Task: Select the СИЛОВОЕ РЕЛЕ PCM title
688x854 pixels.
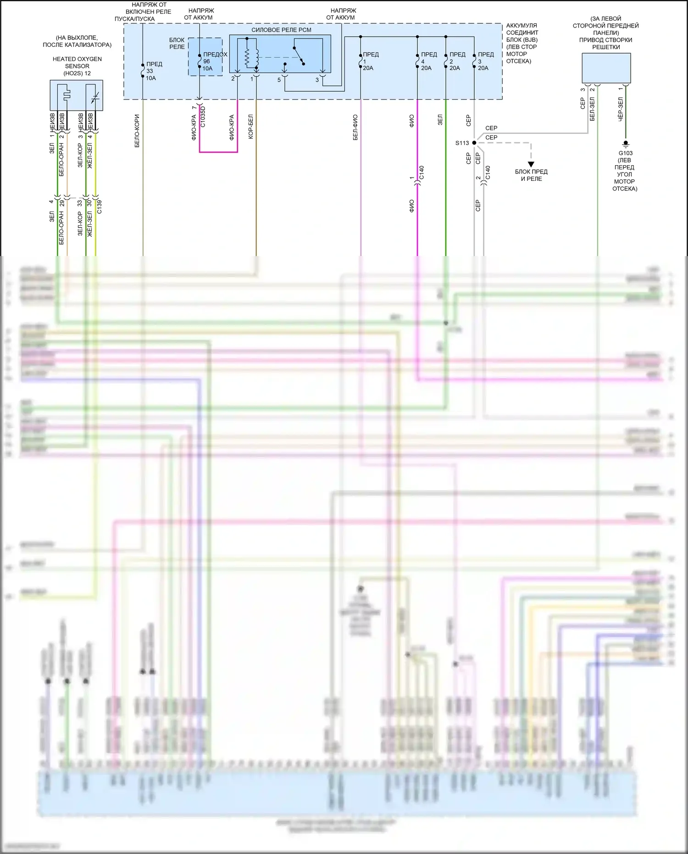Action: click(x=281, y=30)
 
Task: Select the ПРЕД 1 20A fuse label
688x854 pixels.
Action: click(x=370, y=61)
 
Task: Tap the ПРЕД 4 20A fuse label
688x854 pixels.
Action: click(x=428, y=61)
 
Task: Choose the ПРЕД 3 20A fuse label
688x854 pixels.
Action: click(x=485, y=61)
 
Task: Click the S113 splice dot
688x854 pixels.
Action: click(x=474, y=143)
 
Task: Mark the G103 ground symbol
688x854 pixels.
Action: click(x=626, y=144)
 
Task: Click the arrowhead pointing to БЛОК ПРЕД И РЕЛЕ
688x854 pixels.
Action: click(x=531, y=164)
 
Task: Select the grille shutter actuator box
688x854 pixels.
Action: click(x=606, y=68)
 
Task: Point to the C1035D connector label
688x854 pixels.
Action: click(x=203, y=117)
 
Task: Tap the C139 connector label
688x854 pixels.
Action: click(x=100, y=207)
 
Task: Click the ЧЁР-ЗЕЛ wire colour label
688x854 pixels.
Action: click(x=621, y=109)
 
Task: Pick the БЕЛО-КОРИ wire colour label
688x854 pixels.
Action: click(x=137, y=131)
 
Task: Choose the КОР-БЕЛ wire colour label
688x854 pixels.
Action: click(x=250, y=126)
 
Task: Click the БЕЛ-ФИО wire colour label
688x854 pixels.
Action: click(x=355, y=127)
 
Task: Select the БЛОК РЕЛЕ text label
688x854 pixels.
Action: click(x=177, y=43)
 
